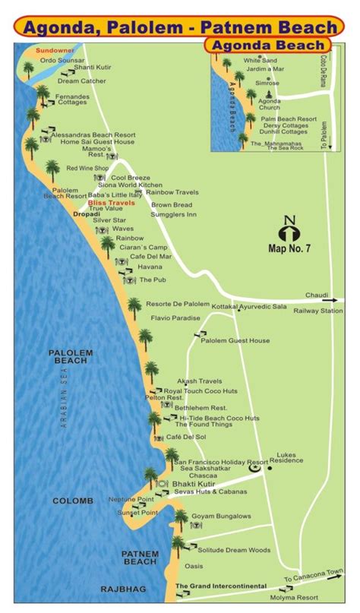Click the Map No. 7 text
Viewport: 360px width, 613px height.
coord(289,247)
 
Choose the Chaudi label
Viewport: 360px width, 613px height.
coord(317,295)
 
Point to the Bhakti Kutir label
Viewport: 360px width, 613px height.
coord(193,484)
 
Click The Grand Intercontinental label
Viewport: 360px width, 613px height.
coord(221,586)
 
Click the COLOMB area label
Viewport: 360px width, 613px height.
coord(73,501)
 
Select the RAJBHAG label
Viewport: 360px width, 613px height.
coord(122,589)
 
